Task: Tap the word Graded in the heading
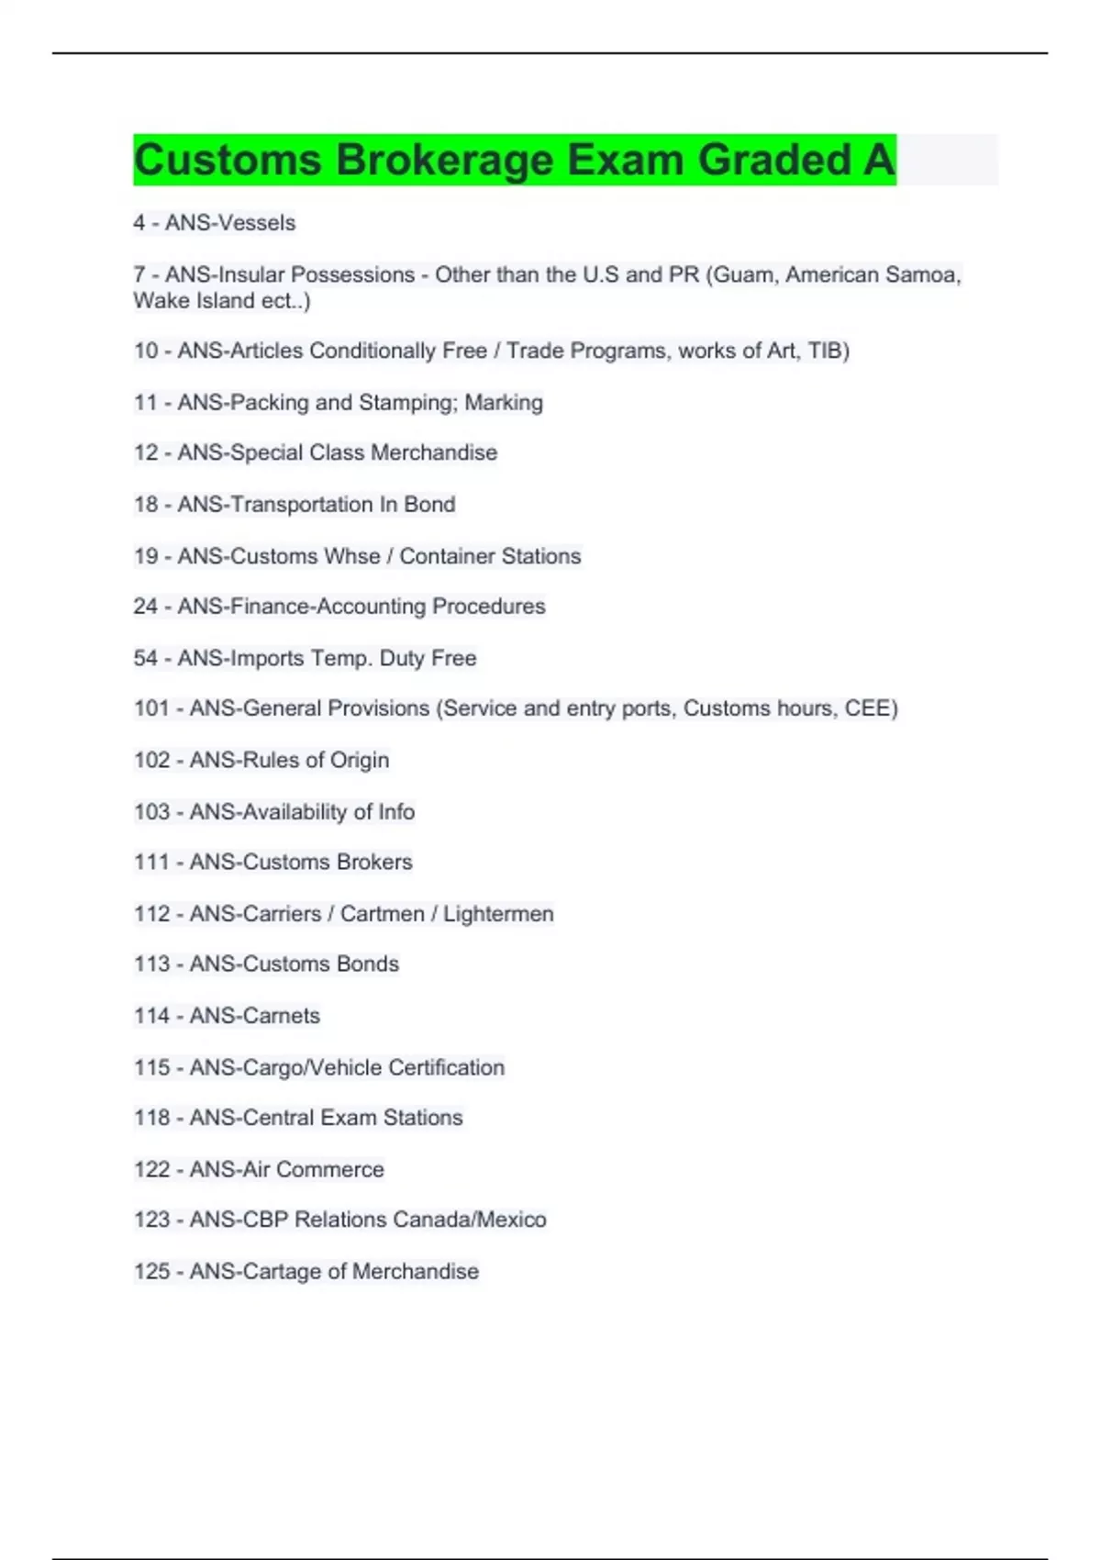tap(774, 160)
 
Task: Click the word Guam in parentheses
tap(742, 274)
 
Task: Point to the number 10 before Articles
tap(146, 351)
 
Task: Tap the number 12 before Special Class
tap(146, 452)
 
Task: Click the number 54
tap(146, 658)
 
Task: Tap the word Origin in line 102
tap(360, 760)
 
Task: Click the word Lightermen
tap(498, 914)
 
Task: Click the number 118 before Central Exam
tap(152, 1118)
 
